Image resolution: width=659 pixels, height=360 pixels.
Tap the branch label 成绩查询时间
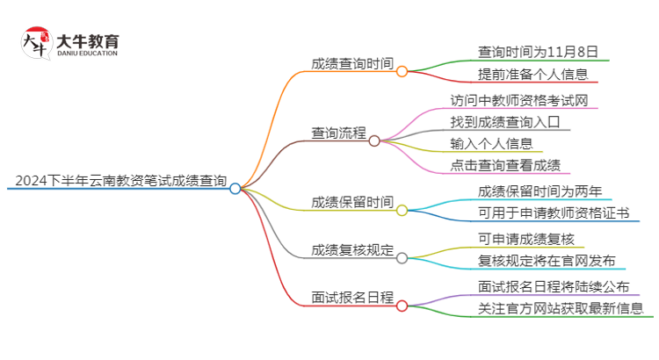351,63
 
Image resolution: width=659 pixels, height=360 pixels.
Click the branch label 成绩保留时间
351,202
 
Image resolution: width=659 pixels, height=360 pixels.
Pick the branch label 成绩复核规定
351,250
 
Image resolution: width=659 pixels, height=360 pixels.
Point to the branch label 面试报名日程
351,298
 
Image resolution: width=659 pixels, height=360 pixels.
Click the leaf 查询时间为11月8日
538,52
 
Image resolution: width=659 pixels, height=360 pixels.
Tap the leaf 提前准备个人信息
532,75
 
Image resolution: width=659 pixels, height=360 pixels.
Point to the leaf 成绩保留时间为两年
539,191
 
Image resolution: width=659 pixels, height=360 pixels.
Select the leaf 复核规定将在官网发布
546,261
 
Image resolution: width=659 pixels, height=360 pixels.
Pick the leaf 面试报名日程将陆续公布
553,285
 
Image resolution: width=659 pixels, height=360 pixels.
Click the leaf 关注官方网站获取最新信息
560,308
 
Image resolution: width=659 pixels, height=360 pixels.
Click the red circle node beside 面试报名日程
402,306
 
